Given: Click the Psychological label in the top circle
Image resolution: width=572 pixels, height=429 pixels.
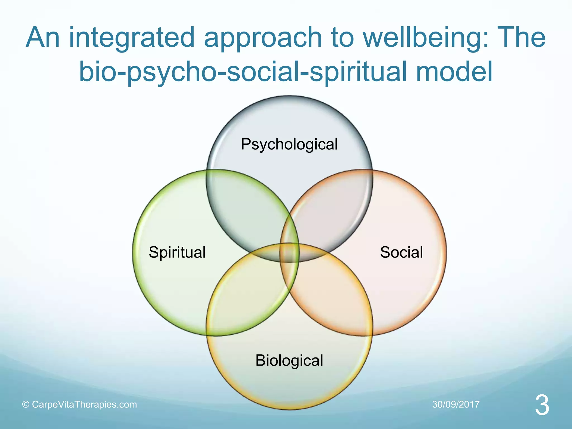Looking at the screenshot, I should click(x=289, y=145).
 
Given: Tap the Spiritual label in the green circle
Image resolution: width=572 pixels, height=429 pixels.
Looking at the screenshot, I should click(x=177, y=252).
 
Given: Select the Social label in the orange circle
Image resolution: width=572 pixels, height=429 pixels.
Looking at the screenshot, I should click(x=401, y=252).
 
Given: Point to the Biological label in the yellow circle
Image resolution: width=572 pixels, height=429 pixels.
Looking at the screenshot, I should click(x=289, y=360).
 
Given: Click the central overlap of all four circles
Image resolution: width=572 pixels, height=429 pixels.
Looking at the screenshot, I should click(x=289, y=253).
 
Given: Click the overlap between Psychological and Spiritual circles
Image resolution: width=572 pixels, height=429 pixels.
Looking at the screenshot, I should click(x=246, y=209).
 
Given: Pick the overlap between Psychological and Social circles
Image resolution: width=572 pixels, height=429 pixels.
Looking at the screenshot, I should click(x=332, y=209).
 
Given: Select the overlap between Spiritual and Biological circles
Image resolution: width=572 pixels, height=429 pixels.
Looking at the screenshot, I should click(x=246, y=296).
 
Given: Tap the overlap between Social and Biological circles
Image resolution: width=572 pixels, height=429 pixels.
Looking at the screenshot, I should click(x=332, y=296).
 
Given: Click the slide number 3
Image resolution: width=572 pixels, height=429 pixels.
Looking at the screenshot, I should click(x=542, y=406).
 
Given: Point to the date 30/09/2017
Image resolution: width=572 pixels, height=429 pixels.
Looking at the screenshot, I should click(x=456, y=404).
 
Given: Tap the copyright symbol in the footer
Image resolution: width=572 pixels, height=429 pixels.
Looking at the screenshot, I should click(x=26, y=405).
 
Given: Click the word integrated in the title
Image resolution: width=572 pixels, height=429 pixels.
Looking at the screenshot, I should click(x=132, y=38).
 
